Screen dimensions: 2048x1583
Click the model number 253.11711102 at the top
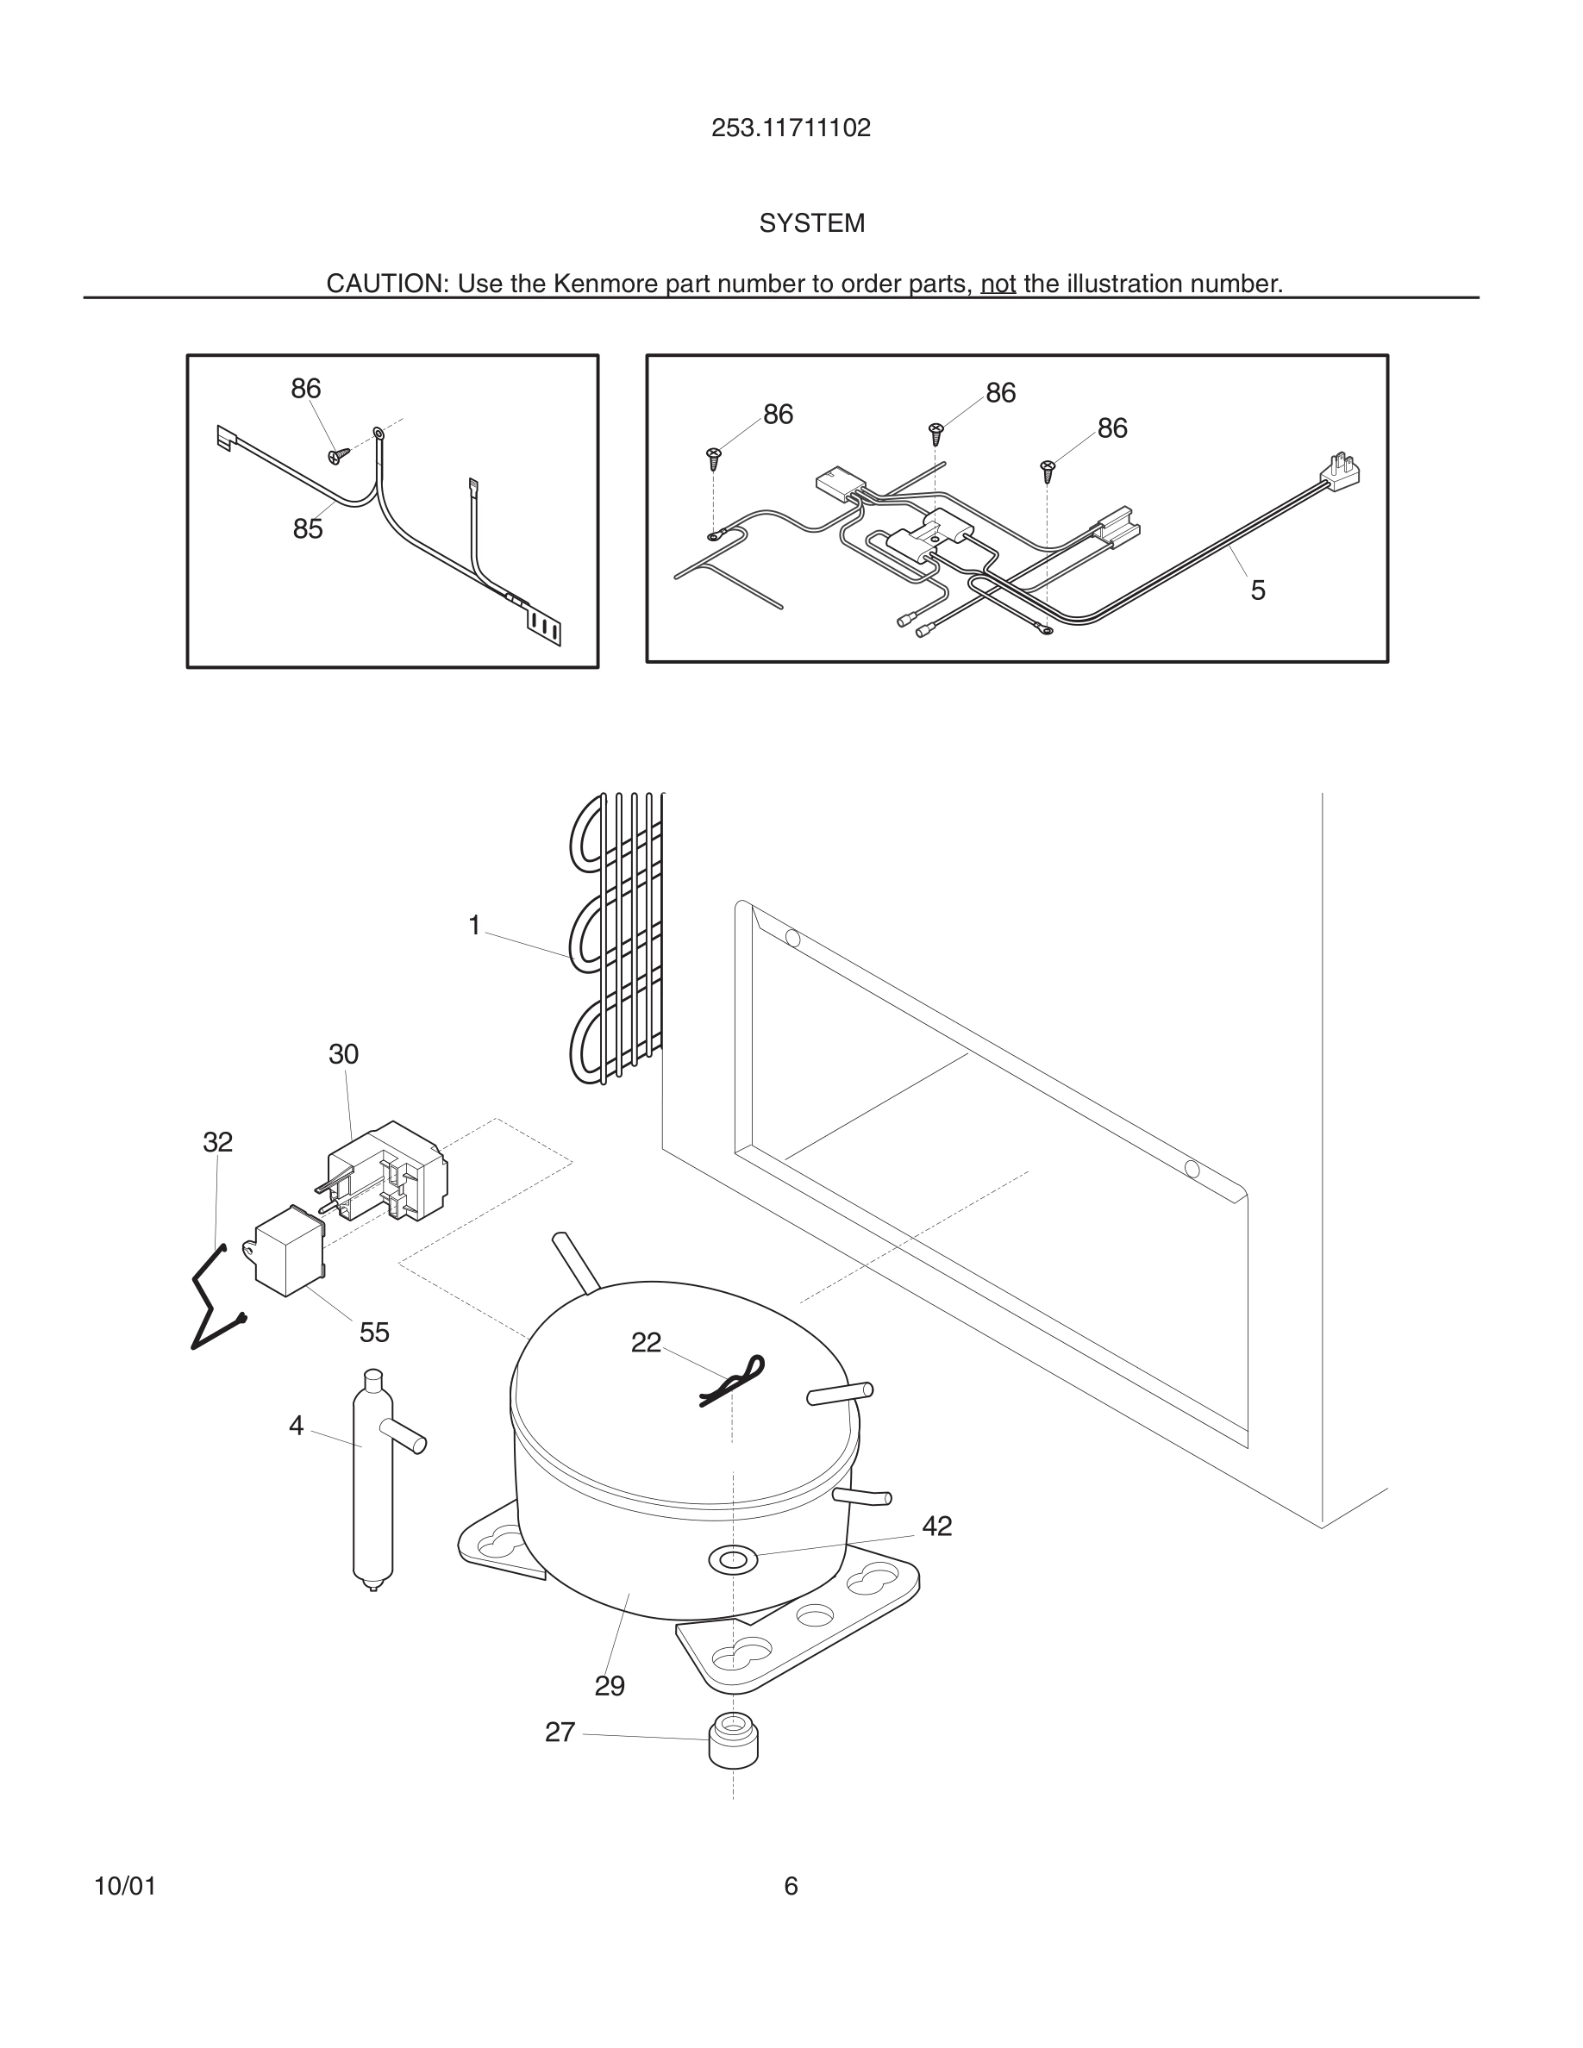(791, 128)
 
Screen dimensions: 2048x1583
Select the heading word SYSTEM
(811, 223)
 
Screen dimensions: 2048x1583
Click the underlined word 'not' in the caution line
(998, 284)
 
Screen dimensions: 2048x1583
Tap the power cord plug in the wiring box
(1343, 470)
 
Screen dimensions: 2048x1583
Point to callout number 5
(1258, 590)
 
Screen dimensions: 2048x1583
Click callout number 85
(308, 529)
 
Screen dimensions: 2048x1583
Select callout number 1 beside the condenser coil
(474, 926)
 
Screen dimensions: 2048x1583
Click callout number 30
(343, 1054)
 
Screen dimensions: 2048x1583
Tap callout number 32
(217, 1142)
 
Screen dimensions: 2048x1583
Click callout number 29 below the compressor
(610, 1686)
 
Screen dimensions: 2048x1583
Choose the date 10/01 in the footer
(125, 1887)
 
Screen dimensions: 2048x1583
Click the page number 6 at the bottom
(791, 1886)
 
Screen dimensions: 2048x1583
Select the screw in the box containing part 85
(339, 454)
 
